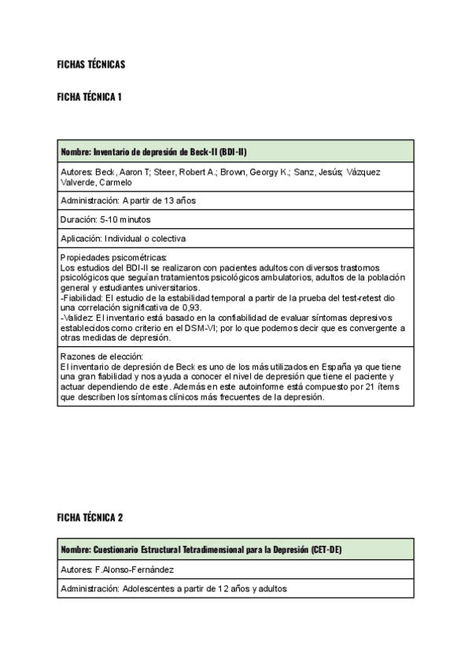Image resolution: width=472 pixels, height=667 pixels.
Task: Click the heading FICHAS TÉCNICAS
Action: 91,64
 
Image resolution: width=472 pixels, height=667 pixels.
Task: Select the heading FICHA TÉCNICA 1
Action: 89,97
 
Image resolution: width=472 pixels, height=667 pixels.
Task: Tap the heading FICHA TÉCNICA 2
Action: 90,518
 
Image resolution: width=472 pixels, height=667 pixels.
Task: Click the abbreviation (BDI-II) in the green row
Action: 234,152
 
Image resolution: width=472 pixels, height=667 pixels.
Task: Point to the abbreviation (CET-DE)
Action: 326,549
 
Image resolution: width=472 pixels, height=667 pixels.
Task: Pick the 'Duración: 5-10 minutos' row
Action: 105,219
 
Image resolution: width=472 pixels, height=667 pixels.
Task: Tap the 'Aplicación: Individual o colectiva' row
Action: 123,238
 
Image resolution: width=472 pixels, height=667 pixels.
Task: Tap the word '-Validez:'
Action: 77,317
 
